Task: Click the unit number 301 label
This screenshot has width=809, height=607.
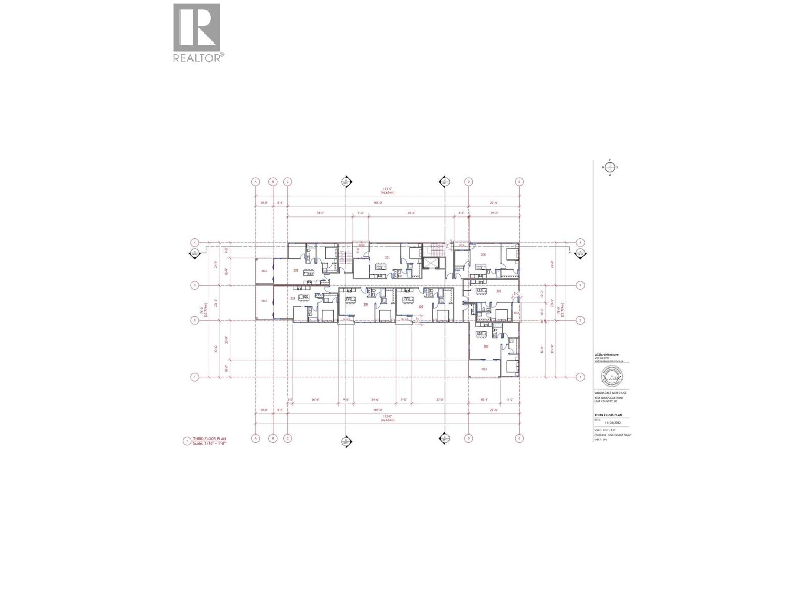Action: [387, 258]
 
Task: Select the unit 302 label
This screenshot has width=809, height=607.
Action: [296, 271]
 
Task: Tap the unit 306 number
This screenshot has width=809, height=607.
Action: [486, 346]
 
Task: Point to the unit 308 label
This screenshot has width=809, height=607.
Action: [483, 255]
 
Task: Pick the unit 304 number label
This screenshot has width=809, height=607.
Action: [366, 305]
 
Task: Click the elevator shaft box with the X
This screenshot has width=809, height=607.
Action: [430, 264]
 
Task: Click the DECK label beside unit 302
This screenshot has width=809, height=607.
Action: [264, 271]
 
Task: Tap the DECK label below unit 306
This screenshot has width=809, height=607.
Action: [484, 369]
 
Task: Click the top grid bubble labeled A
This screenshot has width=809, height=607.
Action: [256, 182]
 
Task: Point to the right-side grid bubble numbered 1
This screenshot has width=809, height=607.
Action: [581, 377]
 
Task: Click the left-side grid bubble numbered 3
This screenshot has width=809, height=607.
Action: [194, 285]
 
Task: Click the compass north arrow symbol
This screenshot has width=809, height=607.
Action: [610, 168]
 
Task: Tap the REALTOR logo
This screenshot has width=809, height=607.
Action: [197, 32]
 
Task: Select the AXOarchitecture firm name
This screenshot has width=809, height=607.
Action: [607, 355]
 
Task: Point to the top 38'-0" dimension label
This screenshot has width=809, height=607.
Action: [320, 213]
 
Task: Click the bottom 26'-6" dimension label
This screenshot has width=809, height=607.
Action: [316, 400]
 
